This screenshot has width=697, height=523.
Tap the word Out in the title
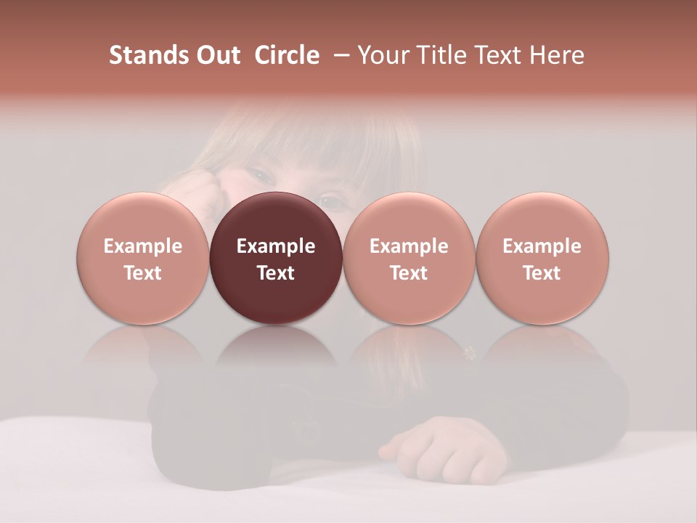pyautogui.click(x=217, y=55)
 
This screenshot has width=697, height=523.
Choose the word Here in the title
pyautogui.click(x=556, y=55)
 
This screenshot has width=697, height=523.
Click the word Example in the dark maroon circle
pyautogui.click(x=276, y=246)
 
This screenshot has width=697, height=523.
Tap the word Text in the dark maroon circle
pyautogui.click(x=276, y=273)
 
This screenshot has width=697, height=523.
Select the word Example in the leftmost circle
pyautogui.click(x=143, y=246)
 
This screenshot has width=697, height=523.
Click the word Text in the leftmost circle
pyautogui.click(x=143, y=273)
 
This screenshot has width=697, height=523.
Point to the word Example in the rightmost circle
pyautogui.click(x=542, y=246)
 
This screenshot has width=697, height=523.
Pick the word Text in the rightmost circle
pyautogui.click(x=542, y=273)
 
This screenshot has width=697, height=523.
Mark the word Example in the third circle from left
pyautogui.click(x=409, y=246)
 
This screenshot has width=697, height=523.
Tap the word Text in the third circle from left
pyautogui.click(x=409, y=273)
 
